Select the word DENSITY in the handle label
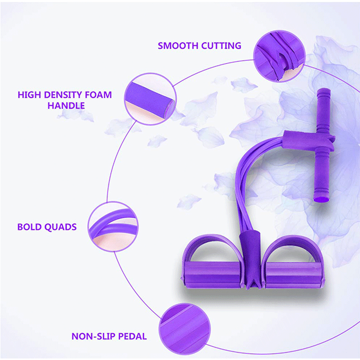63,95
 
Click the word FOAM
98,95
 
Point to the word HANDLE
66,105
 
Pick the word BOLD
29,227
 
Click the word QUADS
60,227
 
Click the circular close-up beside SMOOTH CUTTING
279,56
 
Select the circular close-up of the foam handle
150,99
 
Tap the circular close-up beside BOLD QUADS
113,226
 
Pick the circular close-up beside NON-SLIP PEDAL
184,329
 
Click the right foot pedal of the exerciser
294,275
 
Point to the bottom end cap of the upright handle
321,198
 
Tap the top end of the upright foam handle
323,90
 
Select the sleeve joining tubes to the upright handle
309,140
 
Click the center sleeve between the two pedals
251,259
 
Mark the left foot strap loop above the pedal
212,248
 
